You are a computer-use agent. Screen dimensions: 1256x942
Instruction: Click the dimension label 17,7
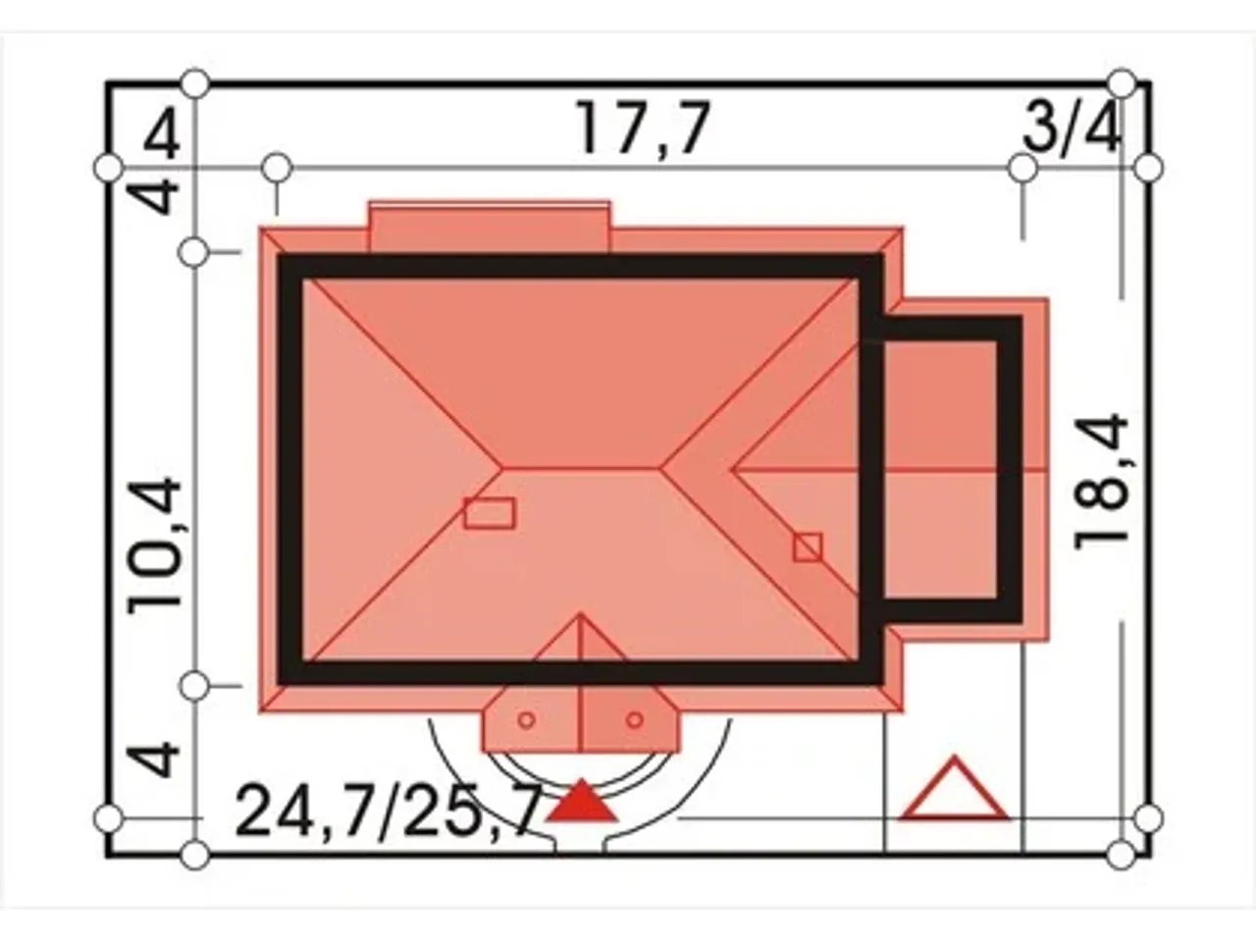[643, 129]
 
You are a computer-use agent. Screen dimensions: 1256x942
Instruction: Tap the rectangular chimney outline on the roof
[490, 513]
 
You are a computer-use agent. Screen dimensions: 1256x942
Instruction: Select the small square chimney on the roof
[808, 548]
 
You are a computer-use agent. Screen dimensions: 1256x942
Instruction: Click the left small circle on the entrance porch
[527, 720]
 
